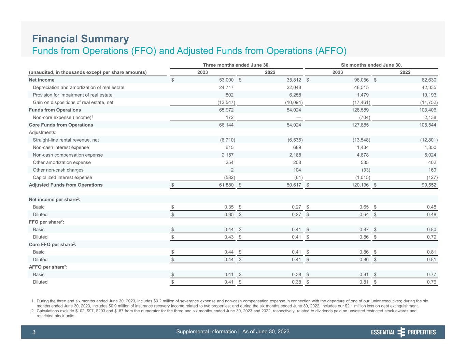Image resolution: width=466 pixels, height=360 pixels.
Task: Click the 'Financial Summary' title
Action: click(x=81, y=39)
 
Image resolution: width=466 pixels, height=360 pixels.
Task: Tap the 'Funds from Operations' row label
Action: click(x=55, y=110)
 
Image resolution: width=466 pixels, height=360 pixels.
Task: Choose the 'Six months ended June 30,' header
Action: click(x=371, y=65)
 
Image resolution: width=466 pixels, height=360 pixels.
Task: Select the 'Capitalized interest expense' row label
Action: click(x=62, y=177)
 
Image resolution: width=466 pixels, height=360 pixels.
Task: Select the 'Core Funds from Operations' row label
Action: click(x=61, y=125)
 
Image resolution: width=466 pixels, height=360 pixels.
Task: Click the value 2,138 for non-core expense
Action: click(x=429, y=117)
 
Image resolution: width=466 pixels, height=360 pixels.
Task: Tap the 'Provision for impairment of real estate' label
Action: click(x=72, y=95)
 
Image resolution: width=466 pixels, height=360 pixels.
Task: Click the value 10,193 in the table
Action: click(x=428, y=95)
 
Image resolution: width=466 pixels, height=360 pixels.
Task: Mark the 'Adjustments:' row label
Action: click(x=42, y=132)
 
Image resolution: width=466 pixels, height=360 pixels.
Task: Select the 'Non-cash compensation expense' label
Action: click(x=68, y=155)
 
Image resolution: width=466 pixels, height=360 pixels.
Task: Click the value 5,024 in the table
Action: click(x=429, y=155)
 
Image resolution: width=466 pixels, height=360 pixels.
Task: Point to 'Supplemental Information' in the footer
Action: click(x=207, y=332)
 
